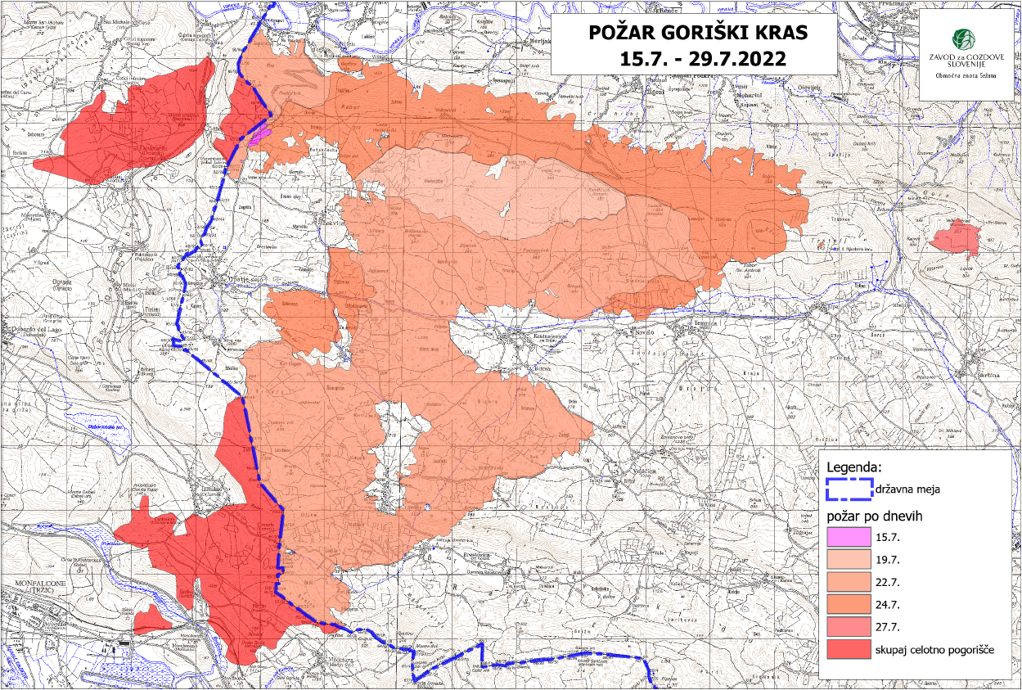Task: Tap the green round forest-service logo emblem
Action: click(x=962, y=38)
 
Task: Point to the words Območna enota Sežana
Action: click(x=964, y=74)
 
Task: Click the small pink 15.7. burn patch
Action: click(x=259, y=135)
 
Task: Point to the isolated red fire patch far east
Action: click(x=956, y=240)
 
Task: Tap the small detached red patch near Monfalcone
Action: click(x=151, y=620)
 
